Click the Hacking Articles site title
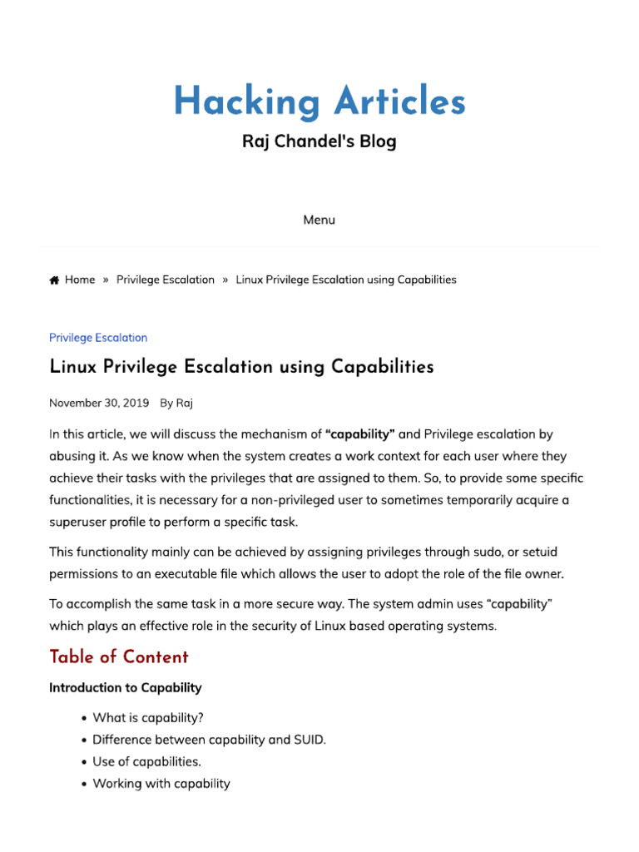[x=319, y=102]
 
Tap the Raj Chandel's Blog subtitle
[x=319, y=141]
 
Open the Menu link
[x=319, y=220]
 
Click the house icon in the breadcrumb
[x=54, y=280]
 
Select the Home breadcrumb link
[x=80, y=280]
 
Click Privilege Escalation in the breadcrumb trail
[x=166, y=280]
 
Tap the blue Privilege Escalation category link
[x=98, y=338]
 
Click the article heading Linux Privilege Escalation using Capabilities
[x=241, y=367]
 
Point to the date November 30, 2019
[x=99, y=403]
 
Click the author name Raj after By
[x=185, y=403]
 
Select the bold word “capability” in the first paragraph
[x=360, y=434]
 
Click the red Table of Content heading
[x=119, y=657]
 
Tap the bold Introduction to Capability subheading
[x=126, y=688]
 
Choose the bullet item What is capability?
[x=148, y=717]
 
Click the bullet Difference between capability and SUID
[x=209, y=740]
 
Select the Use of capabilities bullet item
[x=147, y=761]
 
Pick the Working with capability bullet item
[x=161, y=784]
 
